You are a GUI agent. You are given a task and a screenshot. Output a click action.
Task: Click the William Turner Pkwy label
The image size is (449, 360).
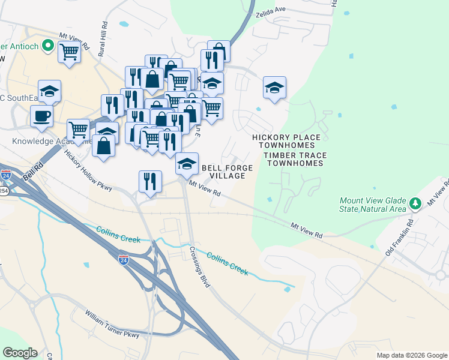point(112,323)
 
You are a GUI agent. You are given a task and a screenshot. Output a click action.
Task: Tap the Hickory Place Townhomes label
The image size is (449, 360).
point(286,141)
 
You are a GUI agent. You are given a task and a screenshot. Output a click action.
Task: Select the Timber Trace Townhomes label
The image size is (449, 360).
point(295,159)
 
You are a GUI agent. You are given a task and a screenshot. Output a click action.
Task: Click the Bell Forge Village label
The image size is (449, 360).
point(227,172)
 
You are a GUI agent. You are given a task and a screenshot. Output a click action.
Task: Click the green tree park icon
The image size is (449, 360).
point(415,204)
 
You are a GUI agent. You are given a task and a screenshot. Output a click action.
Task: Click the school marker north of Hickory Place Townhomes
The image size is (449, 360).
point(274,88)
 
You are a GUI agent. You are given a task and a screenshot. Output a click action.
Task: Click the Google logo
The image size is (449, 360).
point(20,353)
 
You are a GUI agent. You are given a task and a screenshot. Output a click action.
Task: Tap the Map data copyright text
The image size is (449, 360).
point(411,355)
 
